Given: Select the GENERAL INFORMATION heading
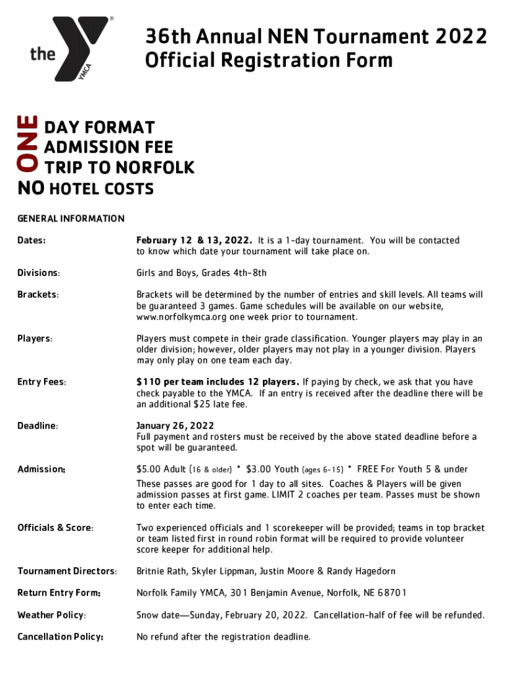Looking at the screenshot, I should click(x=70, y=218).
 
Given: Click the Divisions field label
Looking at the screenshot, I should click(x=39, y=273).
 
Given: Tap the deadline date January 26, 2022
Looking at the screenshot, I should click(x=175, y=426).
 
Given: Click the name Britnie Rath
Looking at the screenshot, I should click(x=160, y=571).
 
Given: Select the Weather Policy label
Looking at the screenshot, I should click(x=51, y=615).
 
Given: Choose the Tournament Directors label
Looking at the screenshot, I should click(x=67, y=571).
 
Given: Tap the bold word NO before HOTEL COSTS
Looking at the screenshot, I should click(x=30, y=189).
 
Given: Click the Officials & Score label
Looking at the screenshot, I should click(x=55, y=528).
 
